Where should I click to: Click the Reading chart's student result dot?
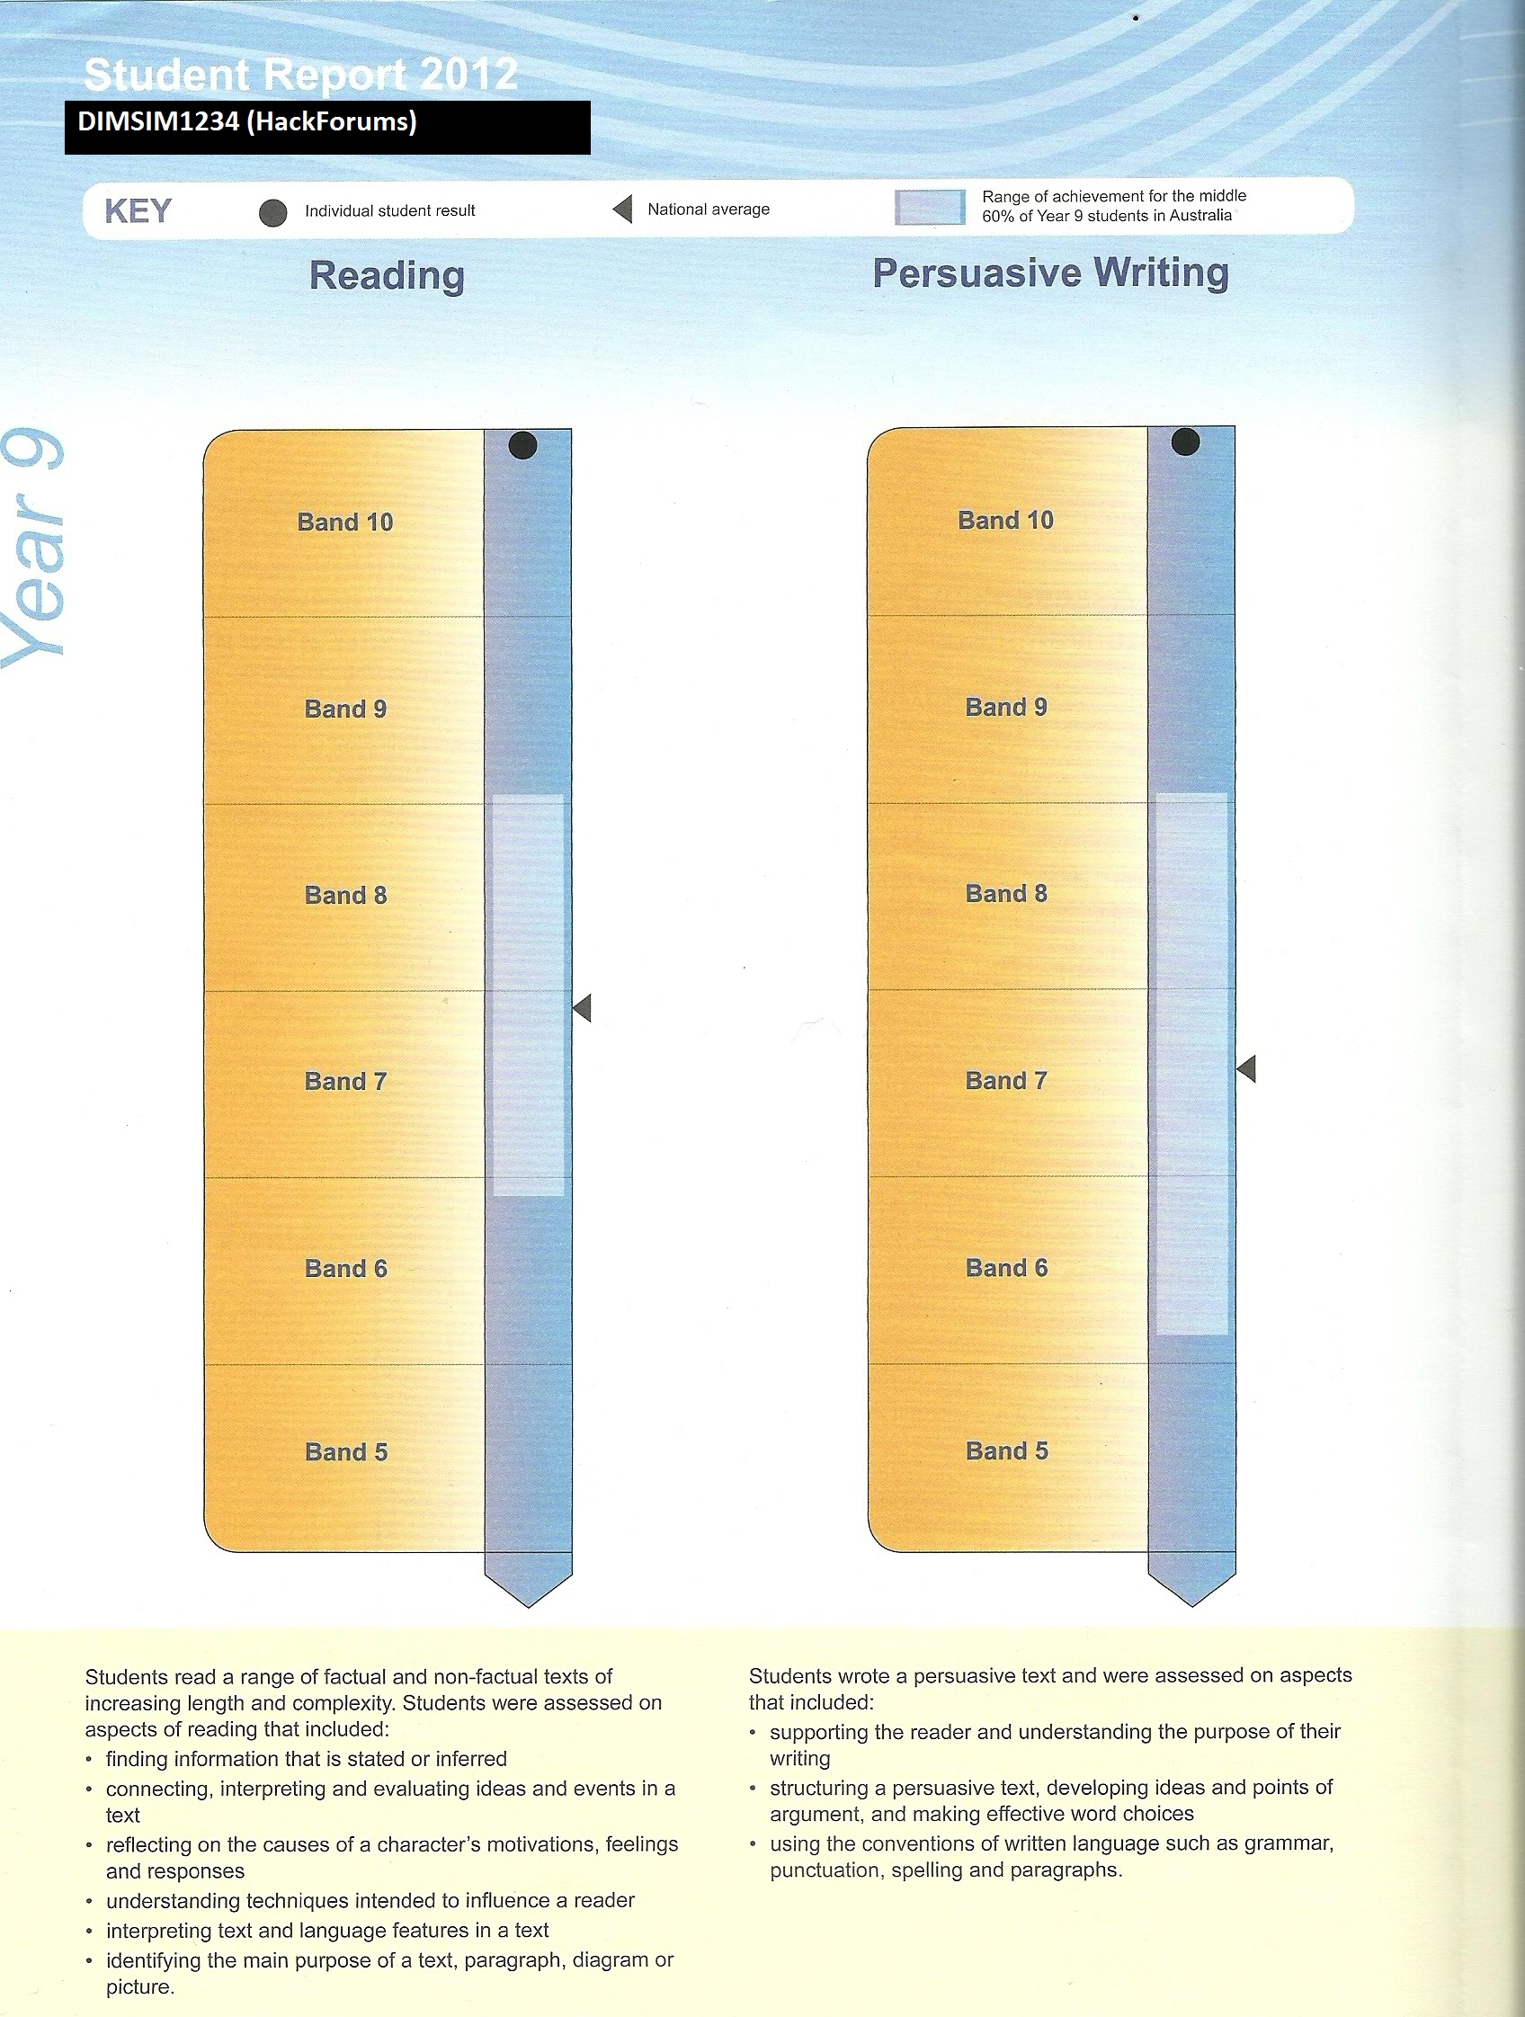click(x=522, y=445)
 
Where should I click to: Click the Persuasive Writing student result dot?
click(x=1185, y=442)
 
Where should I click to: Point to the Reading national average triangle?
click(x=582, y=1007)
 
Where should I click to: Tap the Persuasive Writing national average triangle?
click(x=1246, y=1068)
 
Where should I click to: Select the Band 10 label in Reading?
click(x=345, y=522)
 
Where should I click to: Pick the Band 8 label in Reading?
click(x=345, y=895)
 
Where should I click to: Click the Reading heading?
click(x=387, y=275)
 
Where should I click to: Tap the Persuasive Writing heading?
click(x=1051, y=272)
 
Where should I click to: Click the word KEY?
click(x=138, y=210)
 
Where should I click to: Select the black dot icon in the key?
click(x=272, y=212)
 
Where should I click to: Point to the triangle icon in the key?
click(x=622, y=209)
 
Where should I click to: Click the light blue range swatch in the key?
click(x=930, y=207)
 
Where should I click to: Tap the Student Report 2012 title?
click(x=301, y=74)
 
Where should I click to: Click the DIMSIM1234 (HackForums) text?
click(x=247, y=121)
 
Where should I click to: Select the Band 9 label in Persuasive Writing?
click(x=1006, y=707)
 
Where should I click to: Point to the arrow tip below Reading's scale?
click(x=529, y=1607)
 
